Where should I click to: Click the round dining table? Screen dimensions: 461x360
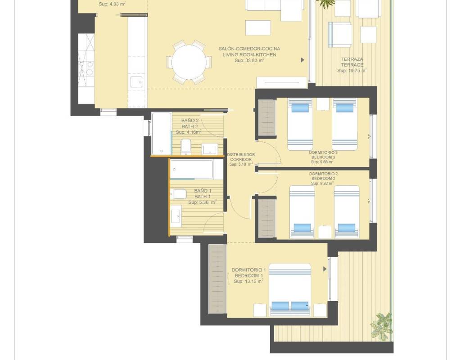tap(189, 62)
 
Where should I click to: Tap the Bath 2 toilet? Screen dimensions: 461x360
tap(186, 147)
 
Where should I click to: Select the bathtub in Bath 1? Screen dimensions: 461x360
tap(192, 169)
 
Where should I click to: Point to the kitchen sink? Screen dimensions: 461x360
tap(136, 82)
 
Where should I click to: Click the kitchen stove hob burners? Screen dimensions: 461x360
tap(86, 68)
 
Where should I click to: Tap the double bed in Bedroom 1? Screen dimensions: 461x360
tap(290, 290)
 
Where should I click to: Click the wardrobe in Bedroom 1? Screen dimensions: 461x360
tap(217, 279)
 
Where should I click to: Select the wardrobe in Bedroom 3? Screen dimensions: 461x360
tap(267, 118)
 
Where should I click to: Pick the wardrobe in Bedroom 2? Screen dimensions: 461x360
tap(267, 218)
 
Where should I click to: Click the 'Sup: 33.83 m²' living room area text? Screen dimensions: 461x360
tap(249, 61)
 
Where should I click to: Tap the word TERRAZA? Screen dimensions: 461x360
tap(352, 59)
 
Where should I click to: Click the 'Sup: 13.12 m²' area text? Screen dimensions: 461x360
tap(249, 281)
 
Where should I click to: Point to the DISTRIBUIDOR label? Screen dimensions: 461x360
tap(241, 155)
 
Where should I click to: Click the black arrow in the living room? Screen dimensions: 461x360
tap(303, 60)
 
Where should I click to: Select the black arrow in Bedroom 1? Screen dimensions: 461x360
tap(325, 269)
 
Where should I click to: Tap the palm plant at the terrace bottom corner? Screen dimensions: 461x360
tap(382, 326)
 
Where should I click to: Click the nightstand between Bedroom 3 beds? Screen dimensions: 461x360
tap(322, 104)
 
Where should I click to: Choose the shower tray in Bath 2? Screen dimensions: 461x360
tap(162, 133)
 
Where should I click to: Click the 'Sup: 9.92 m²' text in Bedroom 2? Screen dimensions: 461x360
tap(322, 184)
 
